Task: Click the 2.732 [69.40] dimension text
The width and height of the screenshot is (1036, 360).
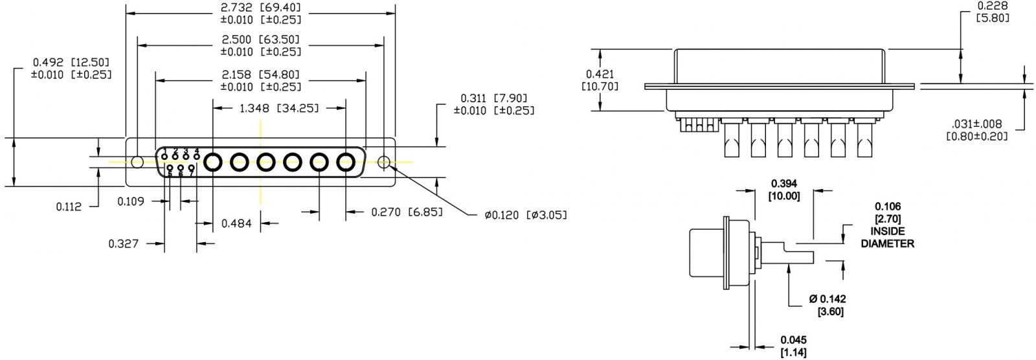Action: click(261, 8)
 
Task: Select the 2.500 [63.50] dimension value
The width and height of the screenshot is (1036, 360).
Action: click(261, 40)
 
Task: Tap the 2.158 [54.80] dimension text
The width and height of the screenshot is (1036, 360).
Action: click(261, 75)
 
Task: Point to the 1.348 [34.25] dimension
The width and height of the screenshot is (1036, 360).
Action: click(279, 108)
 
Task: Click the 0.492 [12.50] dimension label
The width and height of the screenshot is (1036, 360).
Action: click(71, 63)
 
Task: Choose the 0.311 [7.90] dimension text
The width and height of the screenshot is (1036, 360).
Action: click(494, 98)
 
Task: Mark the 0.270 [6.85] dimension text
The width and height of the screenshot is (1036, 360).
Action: click(406, 212)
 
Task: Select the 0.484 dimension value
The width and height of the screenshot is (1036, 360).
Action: click(237, 223)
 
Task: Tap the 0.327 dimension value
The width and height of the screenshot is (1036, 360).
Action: click(124, 243)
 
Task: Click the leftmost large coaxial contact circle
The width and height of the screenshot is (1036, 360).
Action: click(213, 162)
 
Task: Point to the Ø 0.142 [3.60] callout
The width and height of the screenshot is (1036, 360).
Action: click(828, 305)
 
